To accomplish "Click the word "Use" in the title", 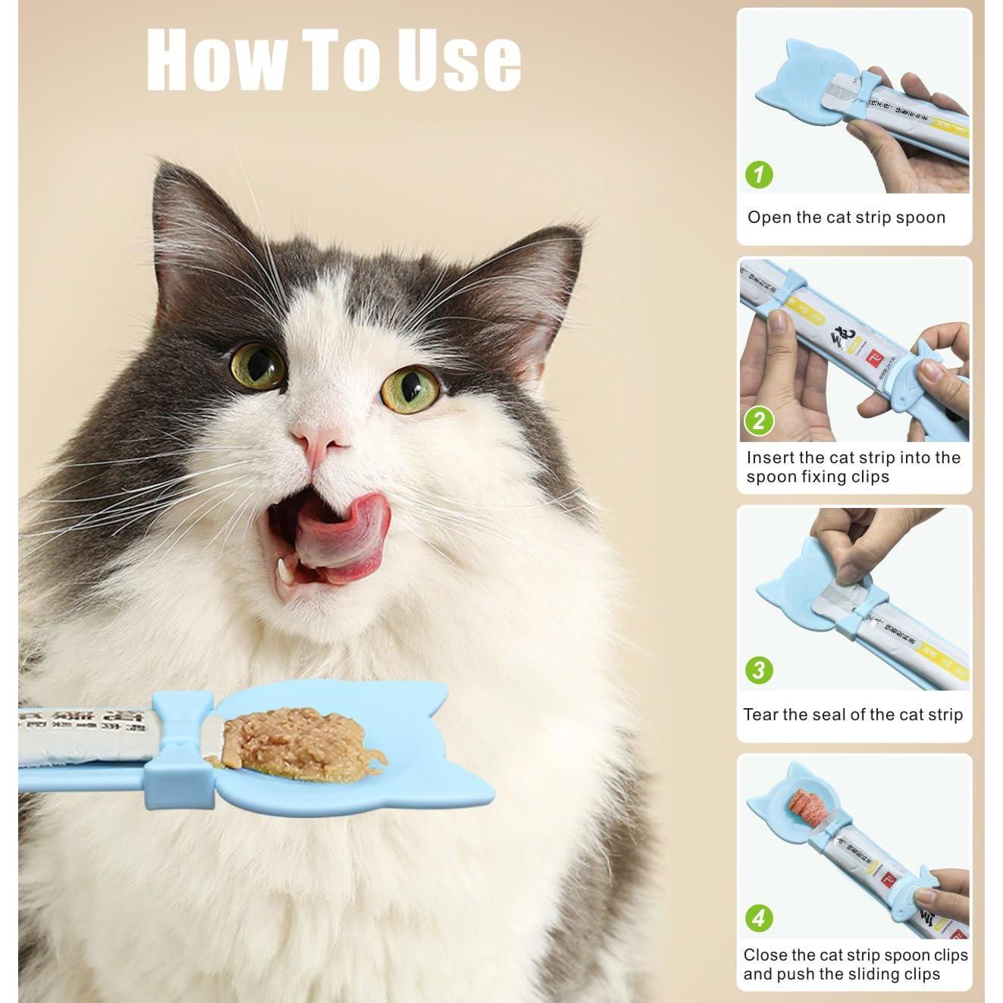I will pyautogui.click(x=459, y=60).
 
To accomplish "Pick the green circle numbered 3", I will pyautogui.click(x=759, y=670).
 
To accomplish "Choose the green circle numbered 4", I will pyautogui.click(x=759, y=918).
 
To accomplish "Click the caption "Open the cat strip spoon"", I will pyautogui.click(x=846, y=218).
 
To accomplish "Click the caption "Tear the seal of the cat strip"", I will pyautogui.click(x=853, y=714).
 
